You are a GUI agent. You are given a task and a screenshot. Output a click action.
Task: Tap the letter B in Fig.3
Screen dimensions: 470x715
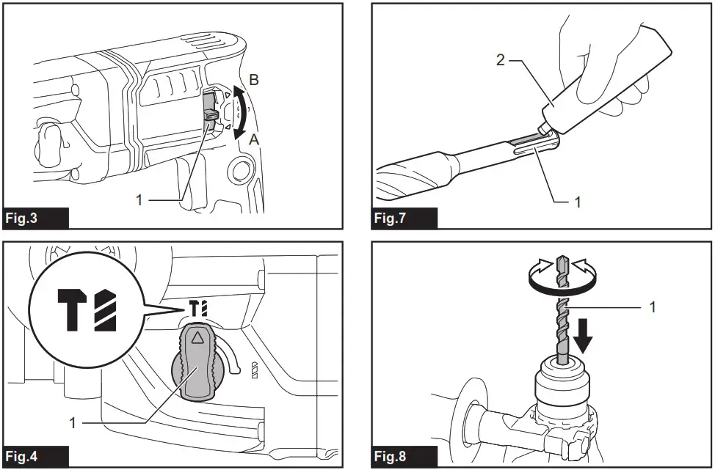click(x=254, y=81)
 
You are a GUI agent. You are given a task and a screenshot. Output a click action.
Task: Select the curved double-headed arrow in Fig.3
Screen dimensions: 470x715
click(x=239, y=111)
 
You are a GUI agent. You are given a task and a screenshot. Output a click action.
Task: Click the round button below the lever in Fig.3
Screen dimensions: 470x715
click(x=239, y=173)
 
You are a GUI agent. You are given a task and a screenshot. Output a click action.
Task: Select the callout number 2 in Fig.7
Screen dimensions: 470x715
click(x=501, y=60)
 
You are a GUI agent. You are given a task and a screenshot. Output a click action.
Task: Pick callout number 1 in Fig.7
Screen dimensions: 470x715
click(x=578, y=202)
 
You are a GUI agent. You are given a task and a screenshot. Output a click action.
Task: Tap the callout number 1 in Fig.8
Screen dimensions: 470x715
click(x=653, y=306)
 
